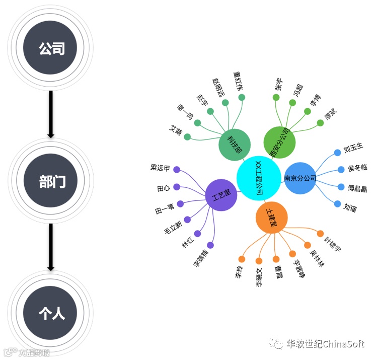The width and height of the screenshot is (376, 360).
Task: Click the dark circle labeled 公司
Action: [x=51, y=48]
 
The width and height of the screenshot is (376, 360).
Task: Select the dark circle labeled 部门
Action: [x=51, y=181]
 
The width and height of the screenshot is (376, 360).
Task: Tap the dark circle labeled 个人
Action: [x=51, y=313]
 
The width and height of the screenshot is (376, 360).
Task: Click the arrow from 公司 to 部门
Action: [x=51, y=113]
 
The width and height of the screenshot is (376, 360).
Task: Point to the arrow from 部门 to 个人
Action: [x=51, y=247]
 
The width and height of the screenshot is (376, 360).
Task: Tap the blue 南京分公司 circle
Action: [x=300, y=178]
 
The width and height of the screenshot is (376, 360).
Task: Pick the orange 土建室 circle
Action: [x=271, y=218]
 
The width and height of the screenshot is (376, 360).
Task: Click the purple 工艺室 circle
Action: [x=221, y=195]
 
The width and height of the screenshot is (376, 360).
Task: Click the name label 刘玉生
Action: [x=353, y=150]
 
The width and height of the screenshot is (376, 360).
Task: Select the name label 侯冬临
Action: [x=357, y=168]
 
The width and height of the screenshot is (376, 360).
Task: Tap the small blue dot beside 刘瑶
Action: [x=338, y=204]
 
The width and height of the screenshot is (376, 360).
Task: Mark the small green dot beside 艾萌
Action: [x=187, y=137]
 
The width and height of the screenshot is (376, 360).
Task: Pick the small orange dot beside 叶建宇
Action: [x=320, y=233]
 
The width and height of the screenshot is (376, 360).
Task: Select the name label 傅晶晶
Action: [x=357, y=188]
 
